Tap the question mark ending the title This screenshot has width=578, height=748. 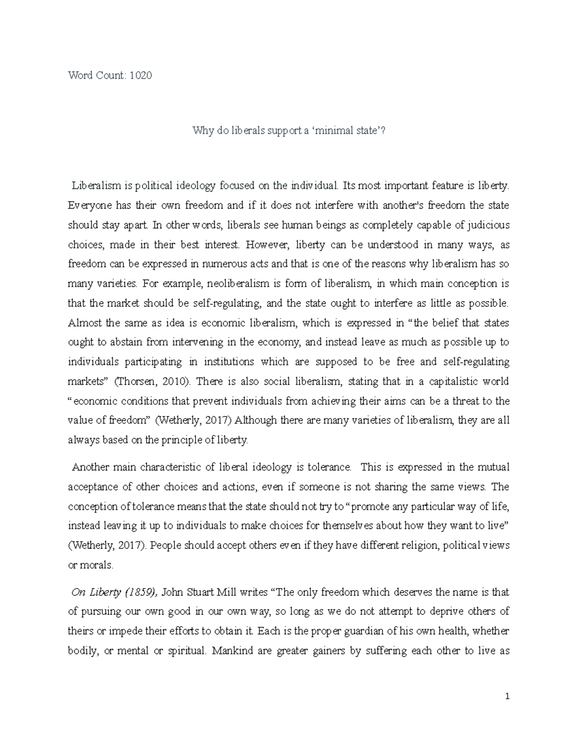click(x=383, y=130)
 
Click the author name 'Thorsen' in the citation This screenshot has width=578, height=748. click(x=134, y=381)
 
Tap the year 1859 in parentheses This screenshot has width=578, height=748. click(x=140, y=592)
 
